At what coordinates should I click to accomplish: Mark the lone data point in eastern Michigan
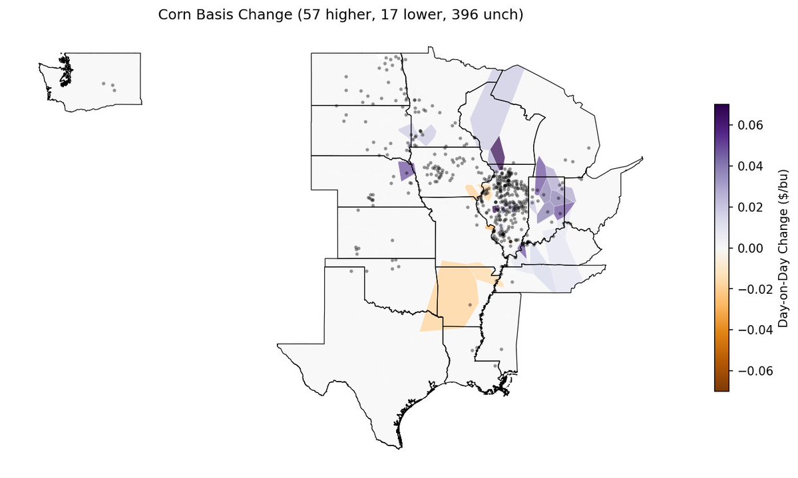coord(590,148)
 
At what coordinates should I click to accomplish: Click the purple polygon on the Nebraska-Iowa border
coord(406,172)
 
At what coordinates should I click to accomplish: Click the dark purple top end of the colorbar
coord(721,110)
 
